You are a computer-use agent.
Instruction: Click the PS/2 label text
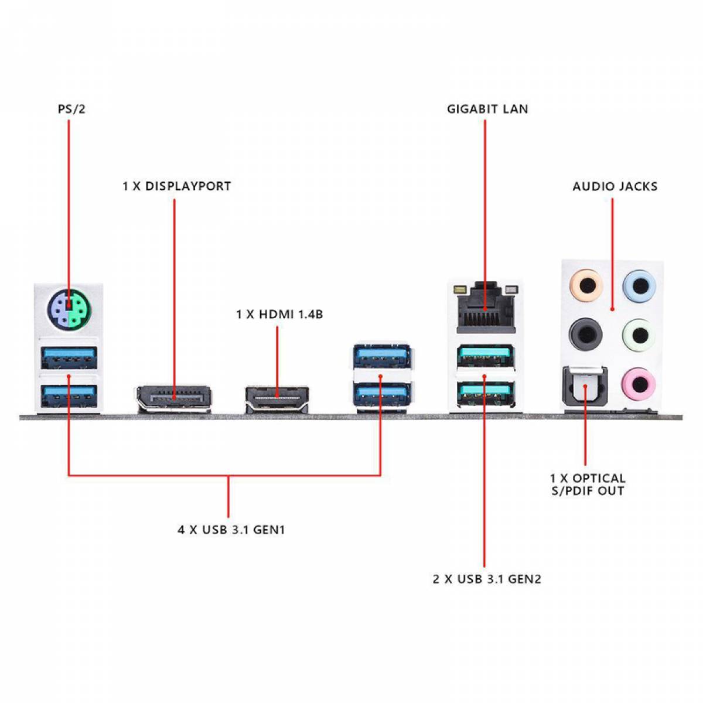pos(71,109)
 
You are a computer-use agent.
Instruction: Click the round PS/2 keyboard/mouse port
pos(69,310)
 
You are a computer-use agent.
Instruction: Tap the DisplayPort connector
pos(173,398)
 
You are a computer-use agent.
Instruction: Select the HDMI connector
pos(277,399)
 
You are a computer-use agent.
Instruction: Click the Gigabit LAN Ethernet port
pos(486,307)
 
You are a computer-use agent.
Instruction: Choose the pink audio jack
pos(639,384)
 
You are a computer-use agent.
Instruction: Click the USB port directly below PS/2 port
pos(69,357)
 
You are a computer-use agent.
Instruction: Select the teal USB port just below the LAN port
pos(486,356)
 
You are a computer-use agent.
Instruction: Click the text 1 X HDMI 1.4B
pos(279,314)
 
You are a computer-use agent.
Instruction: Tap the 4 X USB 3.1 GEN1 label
pos(231,530)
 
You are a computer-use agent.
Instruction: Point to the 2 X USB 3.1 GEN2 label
pos(487,579)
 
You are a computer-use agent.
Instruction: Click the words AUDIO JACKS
pos(615,186)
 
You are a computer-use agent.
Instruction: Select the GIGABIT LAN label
pos(487,109)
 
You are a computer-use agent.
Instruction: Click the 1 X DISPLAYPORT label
pos(176,186)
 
